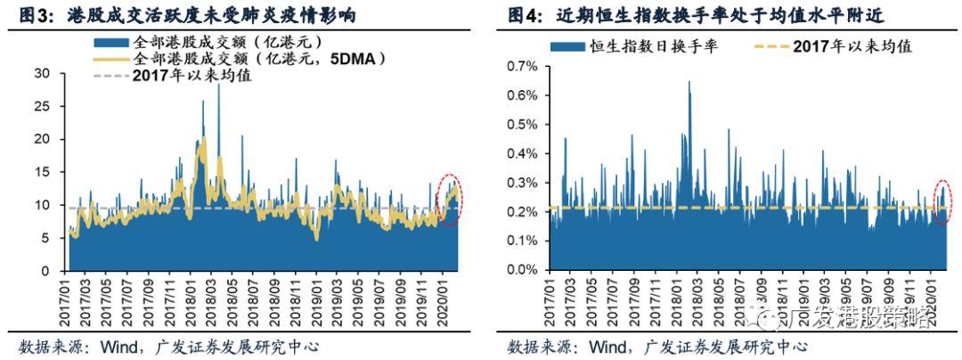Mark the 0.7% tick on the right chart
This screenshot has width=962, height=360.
click(x=521, y=66)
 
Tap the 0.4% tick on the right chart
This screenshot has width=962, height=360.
click(x=521, y=153)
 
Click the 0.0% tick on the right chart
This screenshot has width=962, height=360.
click(x=521, y=270)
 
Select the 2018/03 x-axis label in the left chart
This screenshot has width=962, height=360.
click(x=217, y=303)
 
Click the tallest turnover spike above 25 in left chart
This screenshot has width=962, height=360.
click(x=218, y=86)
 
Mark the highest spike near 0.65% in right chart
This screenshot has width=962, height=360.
click(x=689, y=83)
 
